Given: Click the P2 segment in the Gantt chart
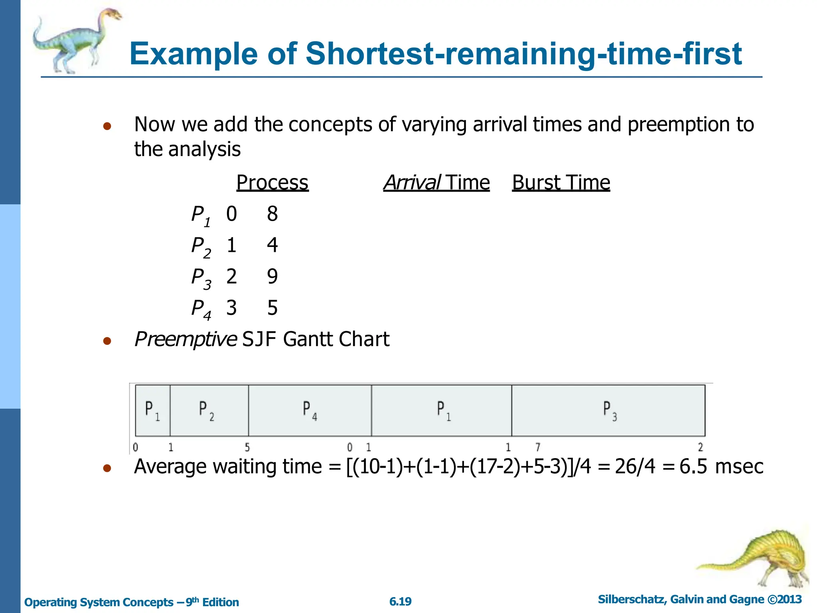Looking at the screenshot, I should [209, 410].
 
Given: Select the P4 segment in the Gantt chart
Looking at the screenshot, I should [310, 410].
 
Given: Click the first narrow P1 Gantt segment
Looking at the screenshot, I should [153, 410].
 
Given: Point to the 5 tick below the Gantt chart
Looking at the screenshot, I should [247, 447].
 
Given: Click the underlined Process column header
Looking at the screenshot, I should [272, 183].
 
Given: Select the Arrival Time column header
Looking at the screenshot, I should [436, 183].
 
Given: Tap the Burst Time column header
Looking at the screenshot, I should [561, 183].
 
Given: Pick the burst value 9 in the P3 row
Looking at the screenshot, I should [272, 277].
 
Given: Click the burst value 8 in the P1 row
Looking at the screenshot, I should [272, 214].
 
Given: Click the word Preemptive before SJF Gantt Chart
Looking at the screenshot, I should [186, 340].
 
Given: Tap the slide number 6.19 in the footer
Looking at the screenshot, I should [400, 601].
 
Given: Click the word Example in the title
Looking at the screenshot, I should [194, 53].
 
